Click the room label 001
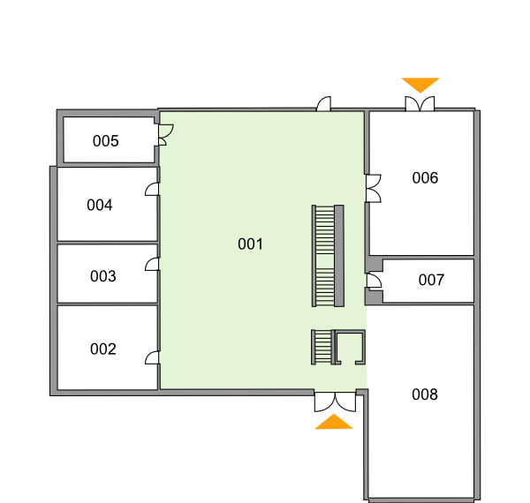point(250,244)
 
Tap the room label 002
point(103,349)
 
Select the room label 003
point(103,276)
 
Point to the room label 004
point(99,205)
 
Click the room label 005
point(105,141)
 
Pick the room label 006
point(425,178)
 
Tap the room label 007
point(431,280)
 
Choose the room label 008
point(425,394)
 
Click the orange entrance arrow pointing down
point(420,85)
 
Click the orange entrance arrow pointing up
point(334,422)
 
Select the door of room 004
point(152,189)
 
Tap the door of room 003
point(152,264)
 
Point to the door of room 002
point(152,357)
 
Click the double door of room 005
point(166,135)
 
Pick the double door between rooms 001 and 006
point(373,188)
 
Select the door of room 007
point(375,281)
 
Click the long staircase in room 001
point(328,256)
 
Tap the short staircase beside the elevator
point(322,347)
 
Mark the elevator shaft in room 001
point(350,347)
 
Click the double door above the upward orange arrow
point(335,402)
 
